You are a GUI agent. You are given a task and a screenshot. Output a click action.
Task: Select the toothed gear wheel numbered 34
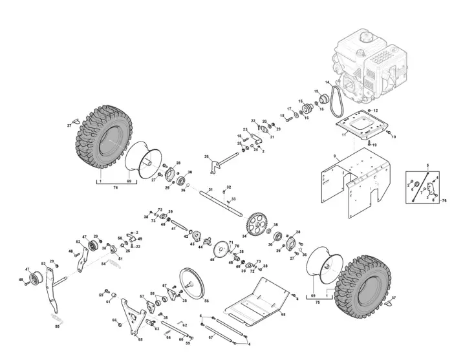pyautogui.click(x=259, y=224)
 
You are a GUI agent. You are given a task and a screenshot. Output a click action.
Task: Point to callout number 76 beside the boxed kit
pyautogui.click(x=444, y=201)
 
